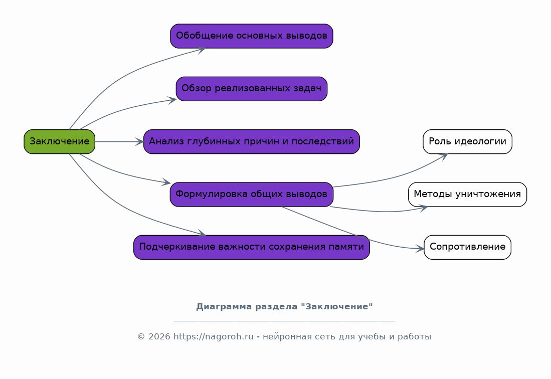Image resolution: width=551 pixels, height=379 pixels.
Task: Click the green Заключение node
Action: point(59,141)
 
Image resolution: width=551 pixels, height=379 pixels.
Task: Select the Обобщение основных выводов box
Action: point(251,36)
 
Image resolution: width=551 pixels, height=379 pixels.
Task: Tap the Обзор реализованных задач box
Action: point(251,89)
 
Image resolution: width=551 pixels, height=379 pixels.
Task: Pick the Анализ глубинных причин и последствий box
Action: point(251,141)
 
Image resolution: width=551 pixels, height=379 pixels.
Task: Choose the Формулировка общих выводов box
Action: point(251,194)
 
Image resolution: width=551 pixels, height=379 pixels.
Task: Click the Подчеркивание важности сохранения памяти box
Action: point(251,247)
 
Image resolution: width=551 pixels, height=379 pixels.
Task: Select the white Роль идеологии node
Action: point(467,141)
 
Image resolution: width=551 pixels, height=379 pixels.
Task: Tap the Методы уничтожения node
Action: point(467,194)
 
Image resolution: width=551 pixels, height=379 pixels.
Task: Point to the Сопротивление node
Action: point(467,247)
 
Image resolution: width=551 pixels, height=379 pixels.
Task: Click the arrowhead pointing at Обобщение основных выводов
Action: point(202,49)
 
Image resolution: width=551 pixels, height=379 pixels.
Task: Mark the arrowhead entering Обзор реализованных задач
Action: point(172,100)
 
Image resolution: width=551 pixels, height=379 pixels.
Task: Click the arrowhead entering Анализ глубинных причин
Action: point(139,142)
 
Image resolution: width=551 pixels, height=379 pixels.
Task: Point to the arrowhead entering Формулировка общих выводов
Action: point(166,183)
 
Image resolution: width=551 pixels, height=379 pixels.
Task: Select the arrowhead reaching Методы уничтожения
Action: point(423,208)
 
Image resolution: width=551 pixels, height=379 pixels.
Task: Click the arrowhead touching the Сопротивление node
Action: point(420,249)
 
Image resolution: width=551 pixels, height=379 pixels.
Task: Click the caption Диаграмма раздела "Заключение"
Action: point(284,306)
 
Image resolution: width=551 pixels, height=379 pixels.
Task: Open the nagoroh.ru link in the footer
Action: point(214,337)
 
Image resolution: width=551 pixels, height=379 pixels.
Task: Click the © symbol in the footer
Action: point(141,337)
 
